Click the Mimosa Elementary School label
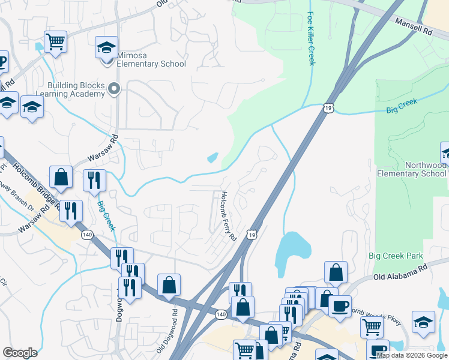[x=151, y=64]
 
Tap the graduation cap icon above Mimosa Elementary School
[x=106, y=47]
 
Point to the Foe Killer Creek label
[x=310, y=38]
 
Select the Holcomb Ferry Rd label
[x=228, y=217]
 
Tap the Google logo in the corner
[x=20, y=353]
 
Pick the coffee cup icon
[x=340, y=305]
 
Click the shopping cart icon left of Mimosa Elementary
[x=55, y=41]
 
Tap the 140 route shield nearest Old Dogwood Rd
[x=221, y=314]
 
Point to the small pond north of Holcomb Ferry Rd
[x=212, y=158]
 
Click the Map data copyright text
[x=412, y=355]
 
